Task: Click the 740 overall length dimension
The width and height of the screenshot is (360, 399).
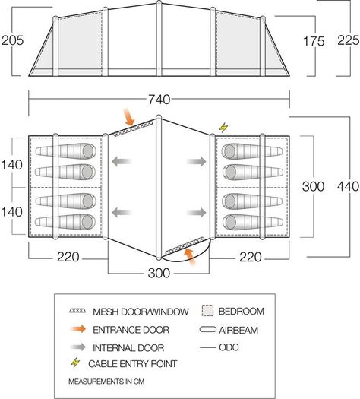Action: (x=159, y=100)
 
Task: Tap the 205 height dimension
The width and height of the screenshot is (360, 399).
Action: (x=12, y=40)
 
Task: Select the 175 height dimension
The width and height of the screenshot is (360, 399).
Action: (x=314, y=41)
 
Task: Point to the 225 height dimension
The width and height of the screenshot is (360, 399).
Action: (x=349, y=40)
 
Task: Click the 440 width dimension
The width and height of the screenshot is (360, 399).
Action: (x=348, y=186)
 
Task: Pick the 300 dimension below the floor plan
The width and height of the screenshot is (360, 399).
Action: (x=159, y=273)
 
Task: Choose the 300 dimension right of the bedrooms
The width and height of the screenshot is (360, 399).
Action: (x=313, y=186)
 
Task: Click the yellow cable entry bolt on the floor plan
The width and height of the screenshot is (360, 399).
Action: (x=223, y=128)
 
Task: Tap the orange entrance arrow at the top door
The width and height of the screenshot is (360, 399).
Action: (x=128, y=117)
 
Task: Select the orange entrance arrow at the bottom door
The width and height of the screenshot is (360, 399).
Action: (x=190, y=257)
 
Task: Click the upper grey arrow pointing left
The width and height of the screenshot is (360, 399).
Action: (x=122, y=161)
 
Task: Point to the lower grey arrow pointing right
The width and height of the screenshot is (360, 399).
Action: (x=196, y=213)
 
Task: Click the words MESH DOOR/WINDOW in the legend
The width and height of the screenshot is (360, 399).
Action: (x=141, y=312)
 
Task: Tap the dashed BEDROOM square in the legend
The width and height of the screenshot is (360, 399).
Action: (x=207, y=311)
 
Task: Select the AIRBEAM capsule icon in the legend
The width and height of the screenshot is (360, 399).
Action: (x=207, y=330)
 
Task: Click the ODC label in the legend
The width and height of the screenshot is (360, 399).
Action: (x=229, y=347)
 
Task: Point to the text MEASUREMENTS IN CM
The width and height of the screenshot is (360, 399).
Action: (x=106, y=382)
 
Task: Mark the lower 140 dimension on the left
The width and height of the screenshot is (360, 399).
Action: (x=11, y=212)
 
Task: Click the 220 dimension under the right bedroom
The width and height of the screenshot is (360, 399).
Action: (x=250, y=257)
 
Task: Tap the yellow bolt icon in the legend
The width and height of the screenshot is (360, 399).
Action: (x=75, y=363)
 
